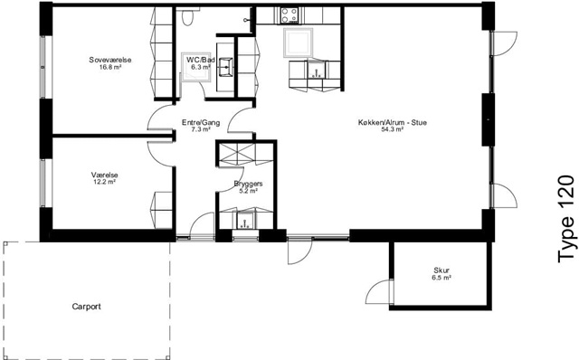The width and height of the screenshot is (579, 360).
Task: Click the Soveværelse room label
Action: [110, 60]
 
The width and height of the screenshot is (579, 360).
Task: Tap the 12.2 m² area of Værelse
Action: [105, 182]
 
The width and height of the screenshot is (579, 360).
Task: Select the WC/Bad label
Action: [201, 60]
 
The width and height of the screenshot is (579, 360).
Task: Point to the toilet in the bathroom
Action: [187, 16]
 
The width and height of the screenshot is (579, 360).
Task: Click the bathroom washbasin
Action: [225, 67]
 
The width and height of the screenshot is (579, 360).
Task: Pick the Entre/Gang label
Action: [201, 123]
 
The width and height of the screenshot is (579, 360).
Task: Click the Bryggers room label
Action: [248, 184]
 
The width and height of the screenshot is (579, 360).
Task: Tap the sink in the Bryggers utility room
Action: [245, 221]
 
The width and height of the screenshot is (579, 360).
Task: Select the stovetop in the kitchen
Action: [289, 15]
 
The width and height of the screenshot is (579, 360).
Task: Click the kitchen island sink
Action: [317, 70]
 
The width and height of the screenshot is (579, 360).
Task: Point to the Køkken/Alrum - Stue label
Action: [392, 123]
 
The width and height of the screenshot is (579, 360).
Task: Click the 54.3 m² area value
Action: [392, 129]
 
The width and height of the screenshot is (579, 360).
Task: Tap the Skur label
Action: [441, 270]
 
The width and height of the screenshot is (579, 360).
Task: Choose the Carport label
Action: [87, 307]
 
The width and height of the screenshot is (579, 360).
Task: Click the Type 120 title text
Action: [566, 219]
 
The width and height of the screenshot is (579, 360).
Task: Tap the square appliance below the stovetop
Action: [298, 43]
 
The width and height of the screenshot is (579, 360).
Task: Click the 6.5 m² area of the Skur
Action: [441, 278]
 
